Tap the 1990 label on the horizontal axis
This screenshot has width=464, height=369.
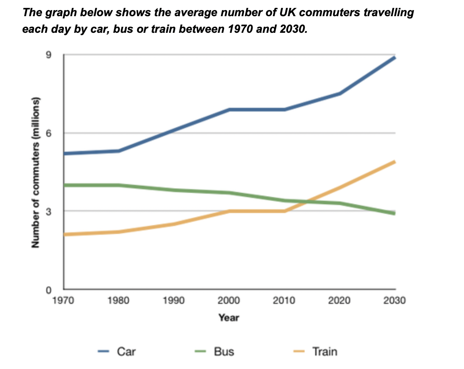pos(174,301)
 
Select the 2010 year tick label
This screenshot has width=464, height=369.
pos(285,301)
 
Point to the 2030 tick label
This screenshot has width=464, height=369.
pos(395,301)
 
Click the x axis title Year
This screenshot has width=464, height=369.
pos(229,318)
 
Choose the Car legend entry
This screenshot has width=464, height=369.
pos(126,351)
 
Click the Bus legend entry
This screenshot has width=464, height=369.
pos(224,351)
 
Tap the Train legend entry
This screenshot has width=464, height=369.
pos(324,351)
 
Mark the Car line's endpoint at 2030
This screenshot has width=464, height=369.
pos(395,57)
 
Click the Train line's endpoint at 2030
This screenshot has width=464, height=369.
pos(395,162)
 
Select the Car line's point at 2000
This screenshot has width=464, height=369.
pos(229,109)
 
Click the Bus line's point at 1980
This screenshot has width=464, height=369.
pos(119,185)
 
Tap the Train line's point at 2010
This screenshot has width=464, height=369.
pos(285,211)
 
